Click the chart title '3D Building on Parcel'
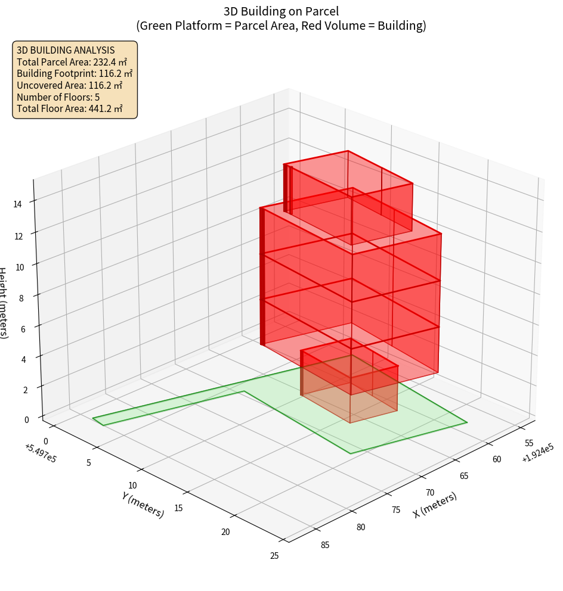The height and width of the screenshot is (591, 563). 281,11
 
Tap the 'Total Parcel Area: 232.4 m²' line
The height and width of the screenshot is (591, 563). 72,62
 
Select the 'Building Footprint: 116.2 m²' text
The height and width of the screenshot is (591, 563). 75,74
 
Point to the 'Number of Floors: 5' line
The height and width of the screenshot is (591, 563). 58,97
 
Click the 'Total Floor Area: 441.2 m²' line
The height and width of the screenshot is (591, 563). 70,109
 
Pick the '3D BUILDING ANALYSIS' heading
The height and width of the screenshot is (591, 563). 66,50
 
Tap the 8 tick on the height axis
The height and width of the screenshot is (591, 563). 21,297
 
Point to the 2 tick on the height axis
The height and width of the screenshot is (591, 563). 25,390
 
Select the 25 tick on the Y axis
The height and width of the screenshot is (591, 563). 274,556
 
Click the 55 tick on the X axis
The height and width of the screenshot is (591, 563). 528,443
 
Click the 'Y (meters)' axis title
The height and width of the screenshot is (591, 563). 143,504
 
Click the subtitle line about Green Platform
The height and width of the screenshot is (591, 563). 281,26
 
